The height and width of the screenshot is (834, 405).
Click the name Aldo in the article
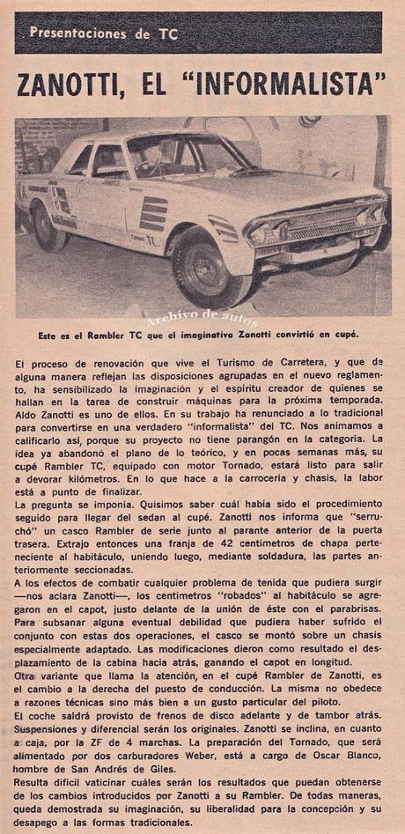26,400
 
